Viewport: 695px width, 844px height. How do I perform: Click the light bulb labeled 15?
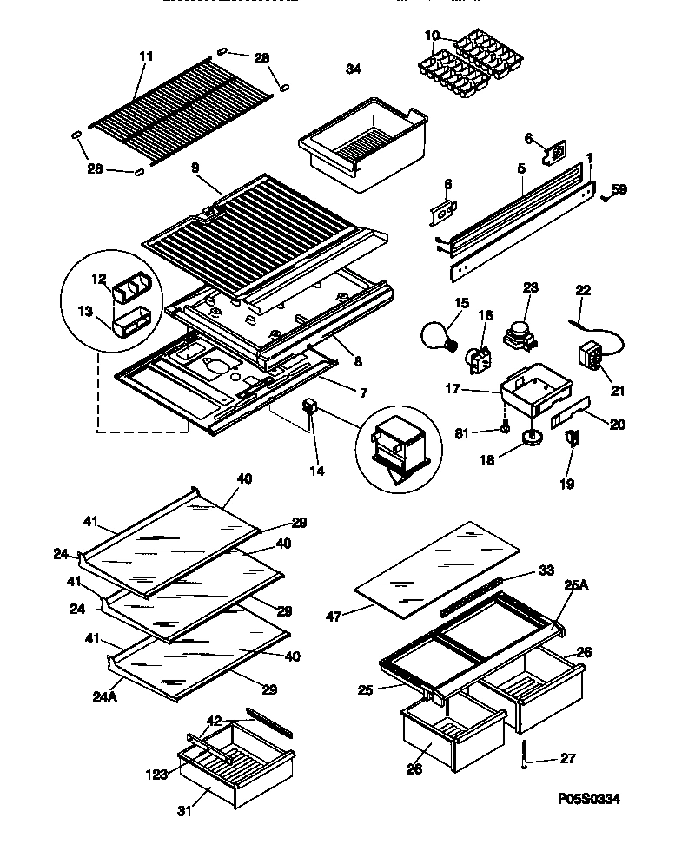coord(438,334)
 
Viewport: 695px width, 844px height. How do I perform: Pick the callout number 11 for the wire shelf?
coord(145,56)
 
